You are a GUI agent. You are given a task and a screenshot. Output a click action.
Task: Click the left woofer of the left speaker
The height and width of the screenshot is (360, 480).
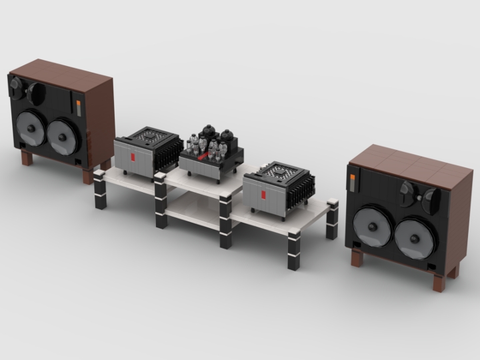coord(29,129)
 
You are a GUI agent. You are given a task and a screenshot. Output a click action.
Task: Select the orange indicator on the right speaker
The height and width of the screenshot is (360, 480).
coord(353,179)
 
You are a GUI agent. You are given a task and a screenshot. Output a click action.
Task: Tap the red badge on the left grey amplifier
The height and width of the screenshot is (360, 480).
coord(133,157)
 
